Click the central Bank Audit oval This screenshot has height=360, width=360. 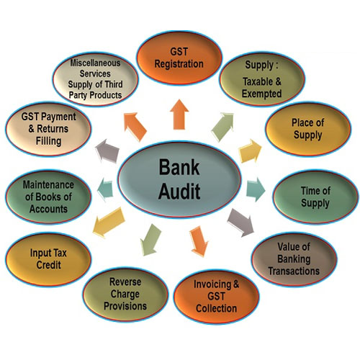pos(179,179)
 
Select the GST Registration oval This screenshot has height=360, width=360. pos(179,58)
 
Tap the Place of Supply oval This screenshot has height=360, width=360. pos(308,129)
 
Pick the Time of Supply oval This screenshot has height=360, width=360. pos(315,197)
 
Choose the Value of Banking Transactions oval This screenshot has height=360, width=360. pos(294,259)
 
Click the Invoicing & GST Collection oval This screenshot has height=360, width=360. pos(217,297)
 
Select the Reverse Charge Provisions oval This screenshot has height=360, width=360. pos(125,294)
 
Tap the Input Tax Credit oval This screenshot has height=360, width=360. pos(48,259)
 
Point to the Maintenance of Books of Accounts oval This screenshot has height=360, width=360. pos(48,197)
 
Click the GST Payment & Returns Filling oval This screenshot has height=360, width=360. pos(48,129)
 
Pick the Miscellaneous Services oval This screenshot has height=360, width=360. pos(96,79)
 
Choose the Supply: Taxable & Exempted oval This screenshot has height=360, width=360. pos(262,79)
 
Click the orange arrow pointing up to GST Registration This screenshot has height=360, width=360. pos(179,114)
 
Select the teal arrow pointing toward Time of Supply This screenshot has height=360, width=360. pos(256,189)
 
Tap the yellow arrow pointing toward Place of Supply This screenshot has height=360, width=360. pos(250,151)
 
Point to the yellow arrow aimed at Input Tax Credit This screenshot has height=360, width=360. pos(109,222)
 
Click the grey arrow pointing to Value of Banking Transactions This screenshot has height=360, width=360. pos(240,222)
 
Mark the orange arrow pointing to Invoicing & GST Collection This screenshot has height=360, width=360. pos(199,241)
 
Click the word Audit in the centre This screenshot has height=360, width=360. pos(179,192)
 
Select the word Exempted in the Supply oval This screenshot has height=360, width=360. pos(261,94)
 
